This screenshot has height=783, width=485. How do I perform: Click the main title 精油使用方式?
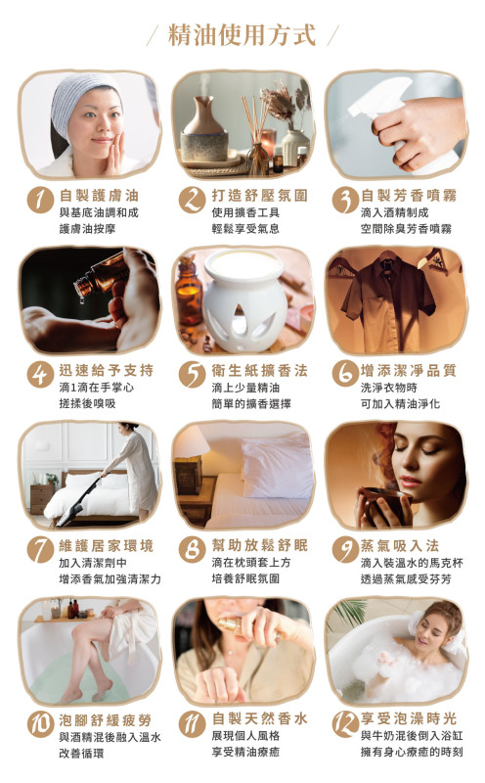point(242,36)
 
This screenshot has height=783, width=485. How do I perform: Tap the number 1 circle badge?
point(38,200)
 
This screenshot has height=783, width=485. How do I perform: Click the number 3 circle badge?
point(343,200)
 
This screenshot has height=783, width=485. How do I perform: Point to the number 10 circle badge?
point(38,725)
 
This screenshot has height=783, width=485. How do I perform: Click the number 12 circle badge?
point(343,725)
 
